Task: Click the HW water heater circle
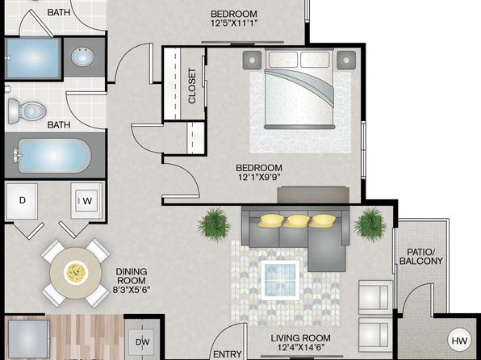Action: pyautogui.click(x=459, y=341)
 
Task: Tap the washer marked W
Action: pyautogui.click(x=87, y=201)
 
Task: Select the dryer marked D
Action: pyautogui.click(x=22, y=201)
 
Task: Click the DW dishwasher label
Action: pyautogui.click(x=142, y=342)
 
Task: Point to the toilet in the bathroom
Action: pyautogui.click(x=27, y=111)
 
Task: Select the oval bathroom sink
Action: pyautogui.click(x=82, y=57)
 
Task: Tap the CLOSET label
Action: pyautogui.click(x=192, y=86)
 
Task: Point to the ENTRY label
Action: pyautogui.click(x=228, y=354)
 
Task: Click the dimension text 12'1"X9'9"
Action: pyautogui.click(x=259, y=177)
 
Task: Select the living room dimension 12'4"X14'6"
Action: pyautogui.click(x=300, y=347)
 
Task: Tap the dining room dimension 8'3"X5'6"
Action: pyautogui.click(x=132, y=290)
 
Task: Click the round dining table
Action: pyautogui.click(x=76, y=273)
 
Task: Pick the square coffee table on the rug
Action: pyautogui.click(x=280, y=280)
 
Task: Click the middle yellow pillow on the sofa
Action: pyautogui.click(x=296, y=220)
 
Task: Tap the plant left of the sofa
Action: pyautogui.click(x=214, y=224)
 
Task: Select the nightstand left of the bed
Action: pyautogui.click(x=252, y=60)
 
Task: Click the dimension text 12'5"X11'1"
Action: pyautogui.click(x=234, y=23)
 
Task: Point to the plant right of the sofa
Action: pyautogui.click(x=370, y=225)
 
